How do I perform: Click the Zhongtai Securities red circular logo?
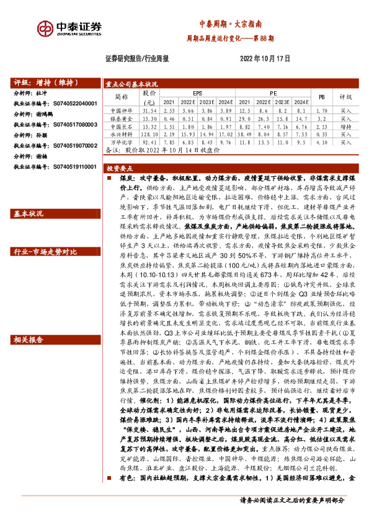point(45,28)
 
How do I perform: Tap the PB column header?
point(321,97)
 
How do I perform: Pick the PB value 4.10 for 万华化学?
point(321,141)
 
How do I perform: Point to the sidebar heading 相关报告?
point(29,340)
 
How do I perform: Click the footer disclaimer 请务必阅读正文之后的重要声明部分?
point(291,500)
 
